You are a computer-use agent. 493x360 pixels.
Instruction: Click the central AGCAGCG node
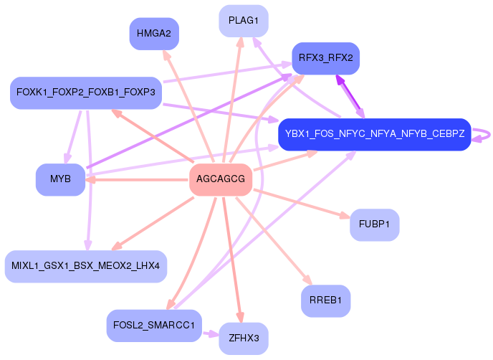(221, 179)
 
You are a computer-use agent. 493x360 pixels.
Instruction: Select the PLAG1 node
(244, 21)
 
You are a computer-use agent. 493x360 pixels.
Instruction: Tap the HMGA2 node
(154, 34)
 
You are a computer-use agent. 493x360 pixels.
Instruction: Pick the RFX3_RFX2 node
(326, 58)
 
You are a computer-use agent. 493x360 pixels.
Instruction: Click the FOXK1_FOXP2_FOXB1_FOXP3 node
(86, 93)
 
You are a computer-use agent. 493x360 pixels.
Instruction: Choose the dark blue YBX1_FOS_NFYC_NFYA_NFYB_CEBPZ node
(375, 134)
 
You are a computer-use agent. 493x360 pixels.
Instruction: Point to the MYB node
(60, 179)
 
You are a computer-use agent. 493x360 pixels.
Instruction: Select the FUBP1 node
(375, 224)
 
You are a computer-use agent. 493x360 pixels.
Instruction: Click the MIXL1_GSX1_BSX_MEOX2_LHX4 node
(86, 266)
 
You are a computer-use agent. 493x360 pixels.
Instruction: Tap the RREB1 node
(326, 301)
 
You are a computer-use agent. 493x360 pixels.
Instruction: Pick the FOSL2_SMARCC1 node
(154, 326)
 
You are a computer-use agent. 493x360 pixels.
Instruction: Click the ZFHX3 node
(244, 338)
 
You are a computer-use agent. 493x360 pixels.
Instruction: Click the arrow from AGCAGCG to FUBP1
(302, 204)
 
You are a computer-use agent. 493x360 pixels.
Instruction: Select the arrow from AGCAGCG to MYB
(137, 180)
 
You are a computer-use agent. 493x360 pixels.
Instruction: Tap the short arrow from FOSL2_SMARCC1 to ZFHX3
(211, 333)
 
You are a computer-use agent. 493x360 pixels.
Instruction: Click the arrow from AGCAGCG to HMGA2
(188, 106)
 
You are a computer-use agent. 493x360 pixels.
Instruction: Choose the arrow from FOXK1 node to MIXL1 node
(88, 180)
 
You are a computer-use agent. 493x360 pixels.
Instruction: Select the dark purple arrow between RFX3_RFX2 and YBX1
(350, 97)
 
